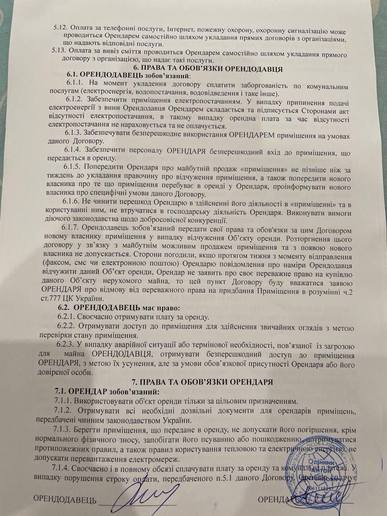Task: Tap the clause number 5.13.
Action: pyautogui.click(x=60, y=51)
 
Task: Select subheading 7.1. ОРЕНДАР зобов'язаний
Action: pyautogui.click(x=107, y=391)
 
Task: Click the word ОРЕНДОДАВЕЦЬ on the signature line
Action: pyautogui.click(x=64, y=500)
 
